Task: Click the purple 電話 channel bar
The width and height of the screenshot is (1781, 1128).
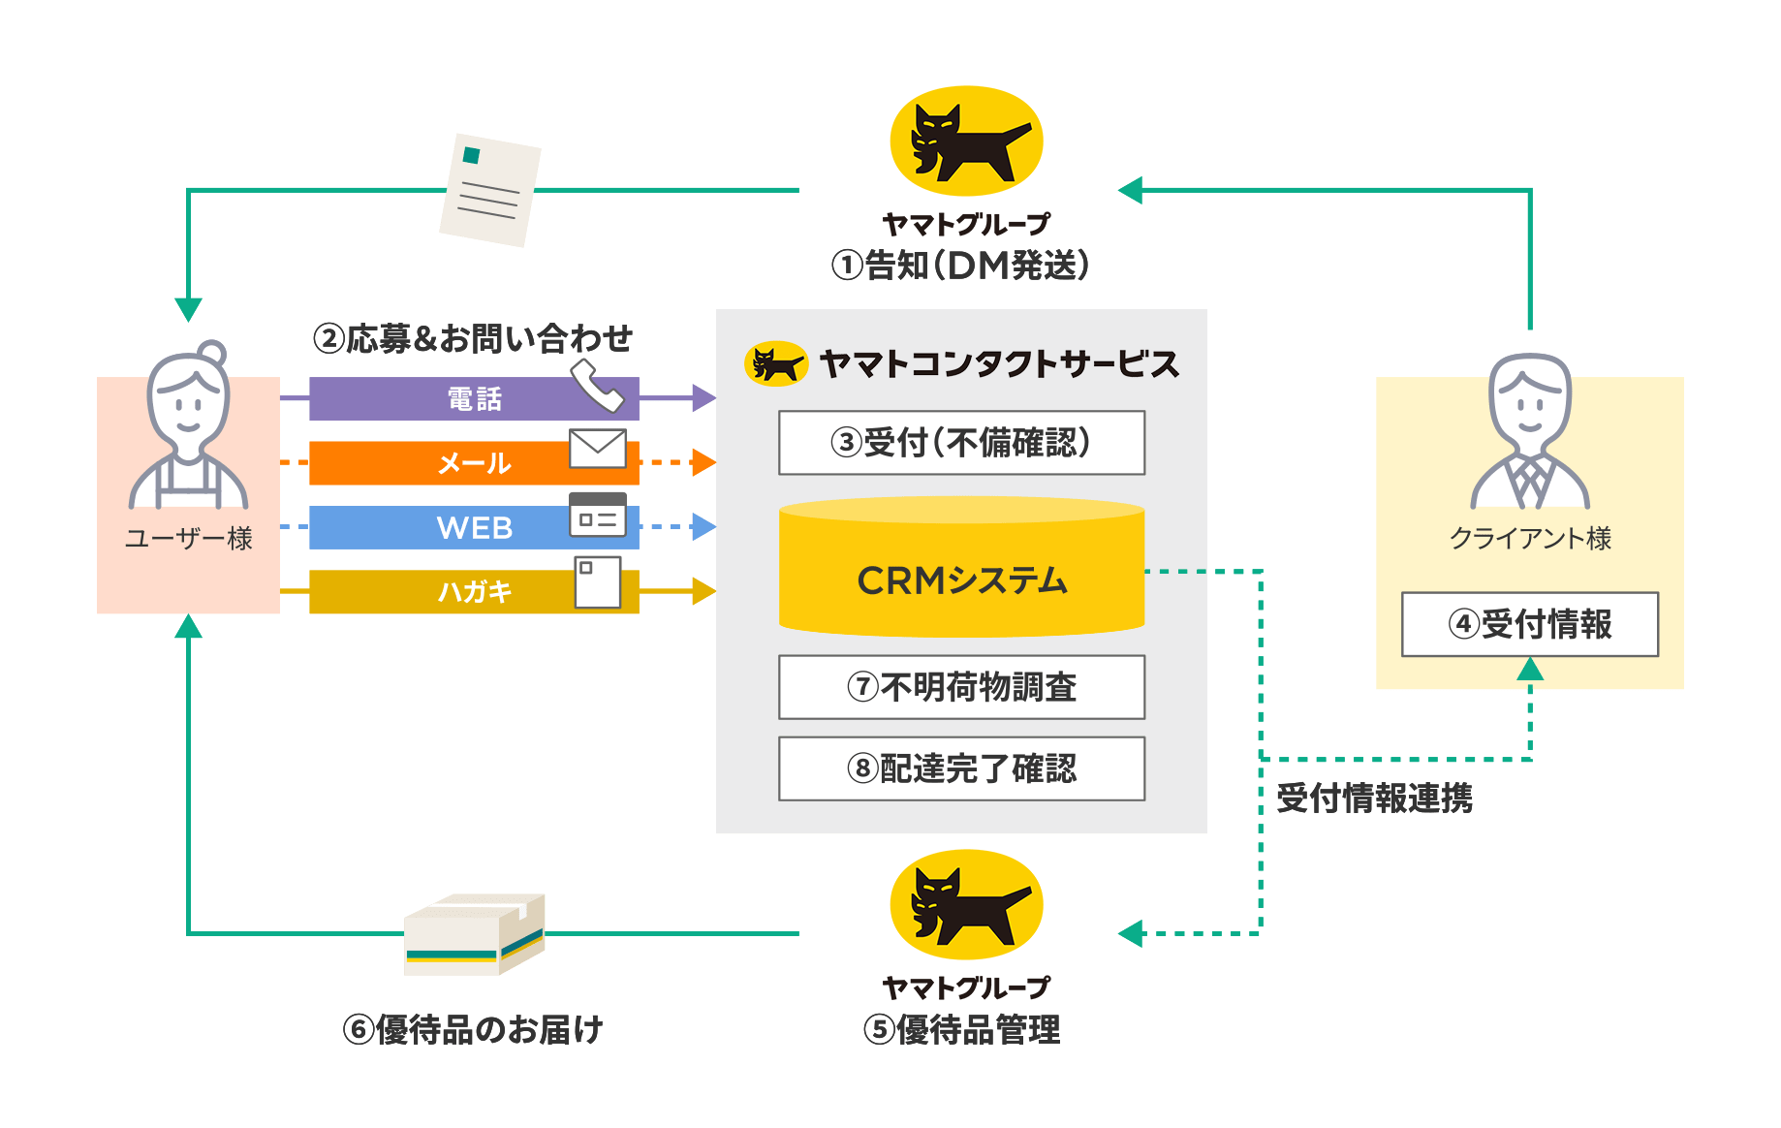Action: [x=474, y=398]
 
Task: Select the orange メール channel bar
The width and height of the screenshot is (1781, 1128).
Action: [x=474, y=463]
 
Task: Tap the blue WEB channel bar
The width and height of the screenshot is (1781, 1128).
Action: [x=474, y=527]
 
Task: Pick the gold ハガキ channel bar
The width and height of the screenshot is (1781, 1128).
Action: [x=474, y=591]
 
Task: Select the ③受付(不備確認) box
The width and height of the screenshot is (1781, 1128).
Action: [x=961, y=443]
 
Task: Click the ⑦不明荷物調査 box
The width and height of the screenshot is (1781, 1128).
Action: [x=961, y=687]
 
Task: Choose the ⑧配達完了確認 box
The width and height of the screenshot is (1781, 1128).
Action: [x=961, y=768]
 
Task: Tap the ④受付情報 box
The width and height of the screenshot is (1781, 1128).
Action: [x=1530, y=624]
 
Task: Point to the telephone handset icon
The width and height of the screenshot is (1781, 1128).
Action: [x=597, y=386]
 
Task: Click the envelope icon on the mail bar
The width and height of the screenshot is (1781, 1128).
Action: [x=598, y=448]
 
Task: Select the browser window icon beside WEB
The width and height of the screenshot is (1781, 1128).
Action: [x=598, y=516]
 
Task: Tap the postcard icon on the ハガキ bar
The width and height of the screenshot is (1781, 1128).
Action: [x=598, y=582]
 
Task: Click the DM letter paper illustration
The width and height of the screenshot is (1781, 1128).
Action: [x=490, y=190]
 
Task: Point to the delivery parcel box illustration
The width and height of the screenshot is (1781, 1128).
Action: [x=475, y=934]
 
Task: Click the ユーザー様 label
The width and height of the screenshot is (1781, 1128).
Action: [x=189, y=539]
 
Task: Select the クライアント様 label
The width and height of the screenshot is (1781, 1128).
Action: [x=1530, y=539]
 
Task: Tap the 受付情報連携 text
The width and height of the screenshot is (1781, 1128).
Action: [x=1374, y=799]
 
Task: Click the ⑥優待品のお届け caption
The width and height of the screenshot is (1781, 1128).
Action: [x=473, y=1029]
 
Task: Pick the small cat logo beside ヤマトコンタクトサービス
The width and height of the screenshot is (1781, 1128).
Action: [x=776, y=364]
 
